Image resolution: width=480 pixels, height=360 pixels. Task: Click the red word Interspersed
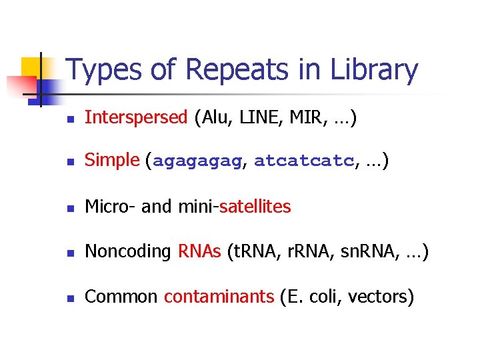137,118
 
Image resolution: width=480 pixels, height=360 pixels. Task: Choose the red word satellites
255,207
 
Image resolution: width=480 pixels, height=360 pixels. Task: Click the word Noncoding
129,251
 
